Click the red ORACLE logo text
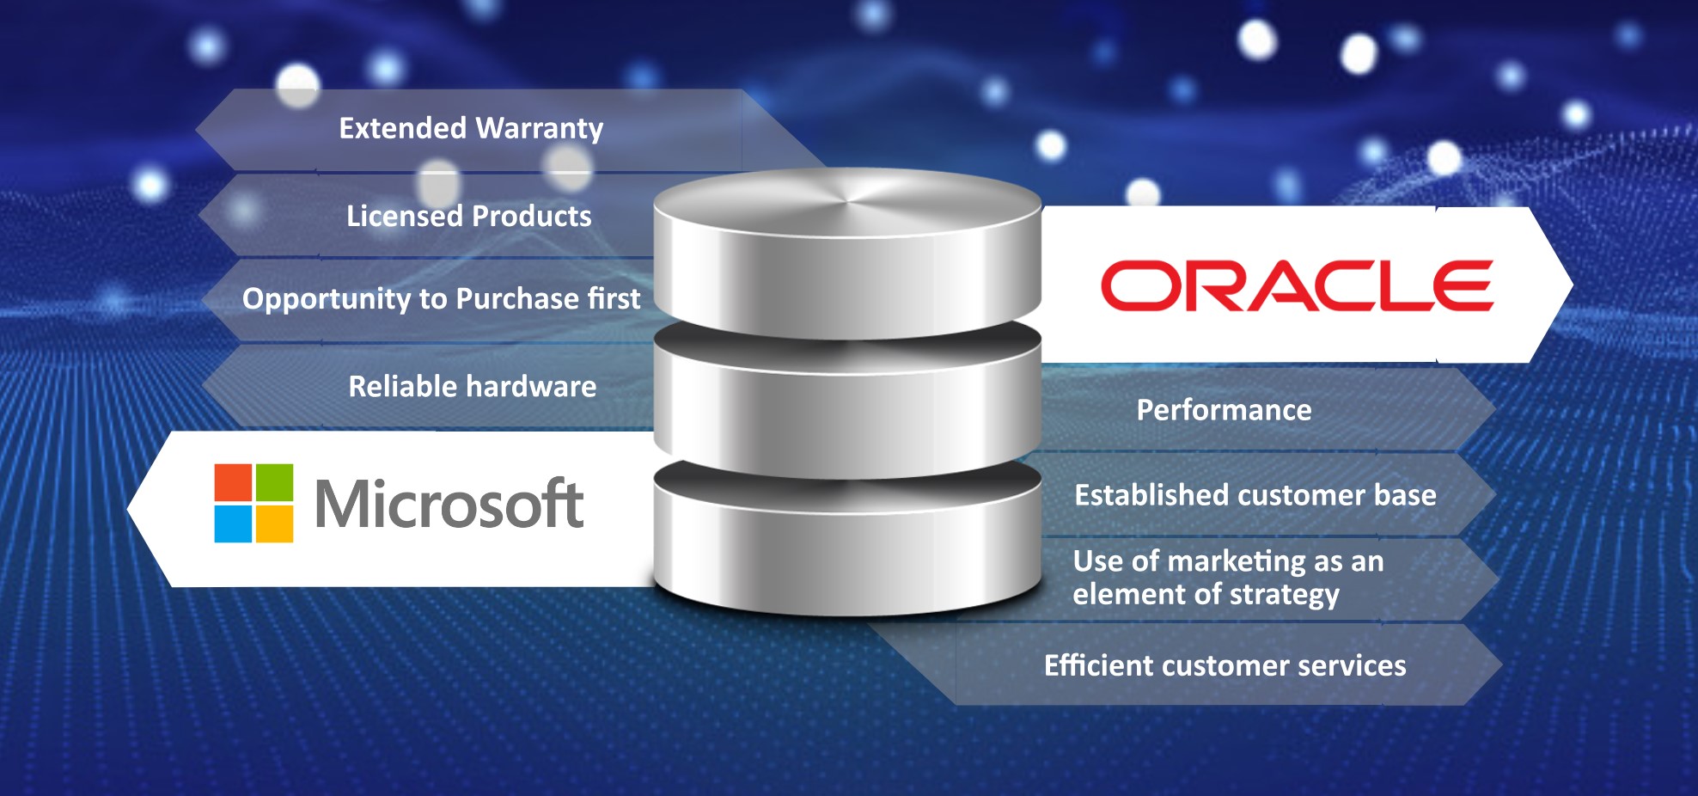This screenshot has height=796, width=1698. tap(1297, 285)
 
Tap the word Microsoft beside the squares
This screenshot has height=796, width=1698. tap(449, 505)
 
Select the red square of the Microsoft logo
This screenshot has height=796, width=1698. tap(233, 482)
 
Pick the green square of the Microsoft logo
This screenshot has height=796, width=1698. tap(274, 482)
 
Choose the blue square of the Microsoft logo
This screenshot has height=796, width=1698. tap(233, 524)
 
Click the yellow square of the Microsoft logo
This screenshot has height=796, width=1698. tap(274, 524)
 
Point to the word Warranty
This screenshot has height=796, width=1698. tap(539, 129)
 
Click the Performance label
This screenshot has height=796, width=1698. tap(1224, 410)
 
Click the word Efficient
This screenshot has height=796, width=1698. tap(1099, 665)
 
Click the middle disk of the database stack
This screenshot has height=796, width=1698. tap(847, 413)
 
